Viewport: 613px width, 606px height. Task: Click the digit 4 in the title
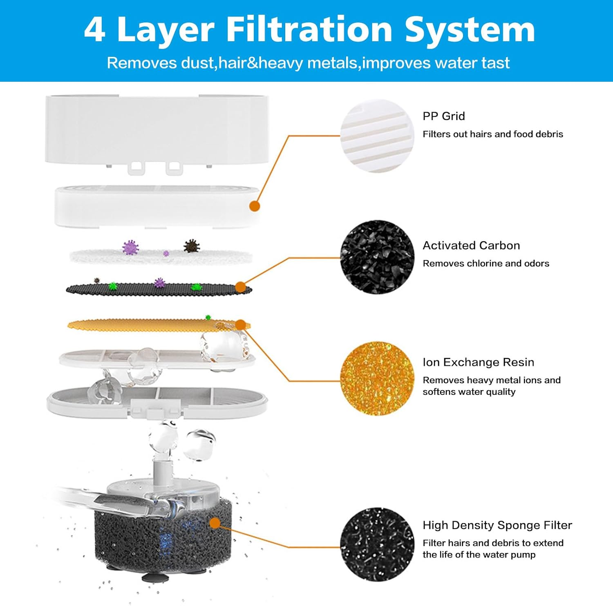[94, 30]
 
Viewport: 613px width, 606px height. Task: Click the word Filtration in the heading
[309, 30]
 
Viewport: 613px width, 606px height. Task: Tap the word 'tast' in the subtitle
[495, 63]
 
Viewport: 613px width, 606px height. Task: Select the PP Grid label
[443, 116]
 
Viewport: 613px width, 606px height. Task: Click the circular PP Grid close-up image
[377, 136]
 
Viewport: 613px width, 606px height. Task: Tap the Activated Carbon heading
[471, 246]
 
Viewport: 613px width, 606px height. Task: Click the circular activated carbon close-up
[377, 257]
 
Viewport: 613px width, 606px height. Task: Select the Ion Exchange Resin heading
[478, 362]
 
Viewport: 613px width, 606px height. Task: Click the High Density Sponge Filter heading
[497, 525]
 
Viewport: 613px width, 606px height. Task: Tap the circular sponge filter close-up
[377, 545]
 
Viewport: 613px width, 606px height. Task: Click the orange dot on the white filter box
[255, 206]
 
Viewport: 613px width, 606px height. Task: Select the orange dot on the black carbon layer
[240, 287]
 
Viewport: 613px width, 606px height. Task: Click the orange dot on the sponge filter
[215, 523]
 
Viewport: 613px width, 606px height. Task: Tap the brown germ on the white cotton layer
[191, 246]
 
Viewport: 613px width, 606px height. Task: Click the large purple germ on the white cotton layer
[130, 247]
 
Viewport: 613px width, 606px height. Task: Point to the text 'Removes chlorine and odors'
[485, 264]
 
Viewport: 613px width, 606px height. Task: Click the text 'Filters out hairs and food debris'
[492, 134]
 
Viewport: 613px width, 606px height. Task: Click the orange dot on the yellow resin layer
[240, 325]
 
